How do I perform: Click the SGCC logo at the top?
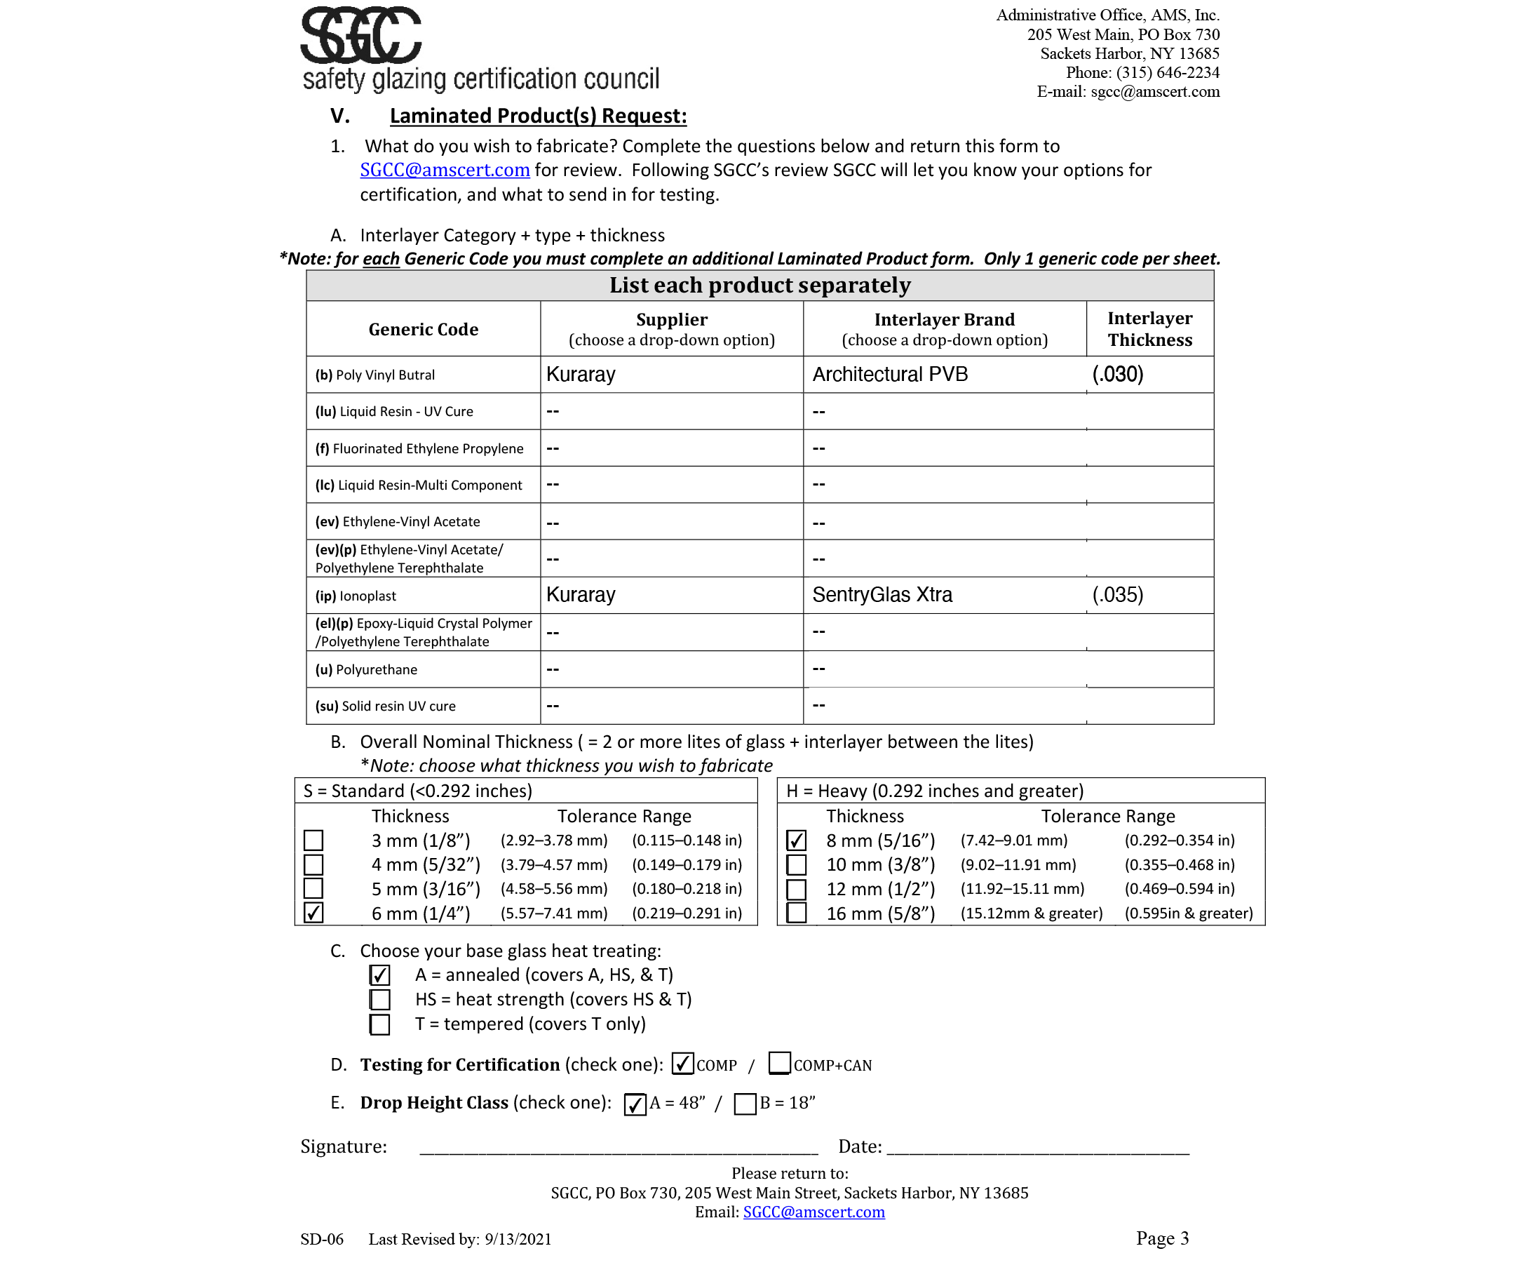(x=361, y=35)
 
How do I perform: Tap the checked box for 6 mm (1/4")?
(x=313, y=913)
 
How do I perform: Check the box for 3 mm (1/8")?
(x=313, y=841)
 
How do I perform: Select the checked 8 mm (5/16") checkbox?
(x=797, y=841)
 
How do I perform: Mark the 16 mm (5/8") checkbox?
(x=797, y=913)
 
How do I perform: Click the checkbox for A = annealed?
(x=380, y=975)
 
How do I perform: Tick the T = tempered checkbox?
(x=380, y=1024)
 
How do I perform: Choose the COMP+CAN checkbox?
(x=780, y=1064)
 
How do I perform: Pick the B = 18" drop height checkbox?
(x=745, y=1104)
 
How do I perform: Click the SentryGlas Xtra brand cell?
(x=882, y=594)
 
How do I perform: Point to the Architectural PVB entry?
(x=890, y=375)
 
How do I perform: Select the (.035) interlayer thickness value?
(x=1118, y=594)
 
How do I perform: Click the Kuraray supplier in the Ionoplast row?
(x=581, y=594)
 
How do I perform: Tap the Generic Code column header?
(x=423, y=329)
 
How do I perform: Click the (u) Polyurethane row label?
(x=366, y=669)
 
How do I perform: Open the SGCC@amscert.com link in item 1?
(x=445, y=170)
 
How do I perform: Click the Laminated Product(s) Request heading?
(x=538, y=116)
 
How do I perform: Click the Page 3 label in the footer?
(x=1162, y=1238)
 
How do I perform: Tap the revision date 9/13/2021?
(x=518, y=1238)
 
